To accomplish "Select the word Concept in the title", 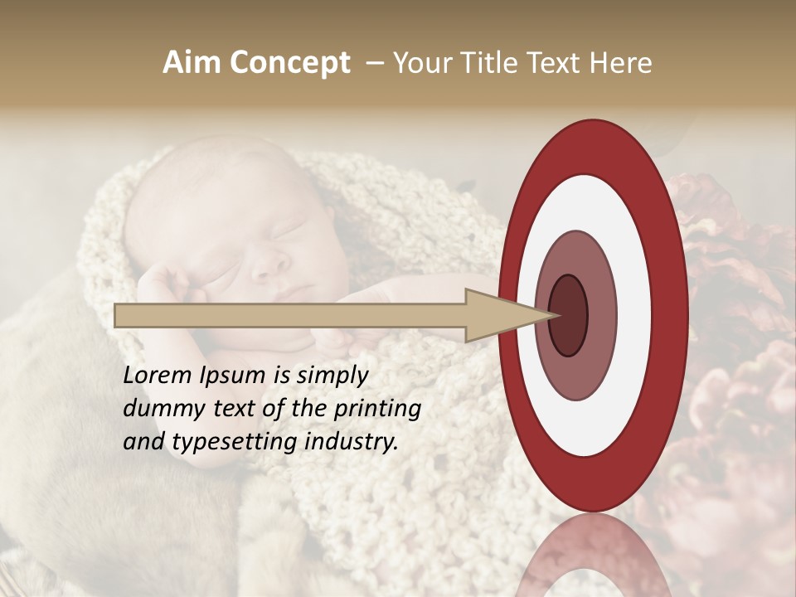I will tap(289, 64).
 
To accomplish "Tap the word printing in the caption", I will tap(377, 410).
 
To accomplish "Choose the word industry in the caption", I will tap(352, 442).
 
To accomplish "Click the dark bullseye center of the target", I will tap(568, 315).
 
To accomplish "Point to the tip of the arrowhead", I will tap(556, 315).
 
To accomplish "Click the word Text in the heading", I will tap(551, 63).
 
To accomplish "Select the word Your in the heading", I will tap(420, 63).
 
